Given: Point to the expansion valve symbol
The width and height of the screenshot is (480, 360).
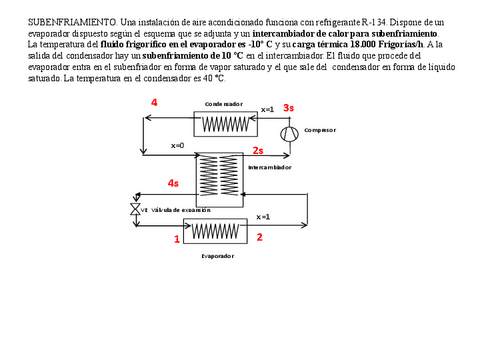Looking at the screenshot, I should [134, 210].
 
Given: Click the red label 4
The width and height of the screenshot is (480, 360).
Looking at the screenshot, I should [154, 103].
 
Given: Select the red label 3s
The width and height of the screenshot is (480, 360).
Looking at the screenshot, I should [288, 107].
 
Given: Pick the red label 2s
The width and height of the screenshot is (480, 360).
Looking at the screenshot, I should [258, 150].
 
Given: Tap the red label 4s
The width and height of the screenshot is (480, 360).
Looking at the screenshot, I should [173, 183].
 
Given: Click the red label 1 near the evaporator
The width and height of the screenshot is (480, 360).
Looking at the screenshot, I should [177, 239].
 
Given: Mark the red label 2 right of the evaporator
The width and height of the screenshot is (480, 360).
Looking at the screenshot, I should [259, 237].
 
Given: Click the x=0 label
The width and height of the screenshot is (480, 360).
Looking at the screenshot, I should [178, 146].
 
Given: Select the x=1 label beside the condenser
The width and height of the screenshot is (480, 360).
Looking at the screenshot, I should [267, 110].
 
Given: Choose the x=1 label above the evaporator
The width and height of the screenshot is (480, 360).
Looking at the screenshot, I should [263, 216].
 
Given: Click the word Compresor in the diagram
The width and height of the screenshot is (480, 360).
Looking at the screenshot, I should [320, 130].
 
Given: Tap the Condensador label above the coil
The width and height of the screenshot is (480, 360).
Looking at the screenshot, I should [223, 104].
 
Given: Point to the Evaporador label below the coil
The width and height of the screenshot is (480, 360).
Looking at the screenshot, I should [217, 256].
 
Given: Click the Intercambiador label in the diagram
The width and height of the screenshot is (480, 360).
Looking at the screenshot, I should [268, 168].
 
